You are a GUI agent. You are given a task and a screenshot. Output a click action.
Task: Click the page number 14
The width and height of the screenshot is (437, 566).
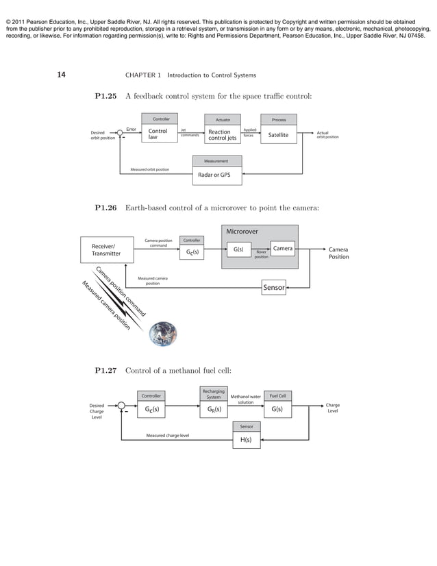pos(60,74)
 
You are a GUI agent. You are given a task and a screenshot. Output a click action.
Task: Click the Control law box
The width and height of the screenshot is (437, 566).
pos(158,134)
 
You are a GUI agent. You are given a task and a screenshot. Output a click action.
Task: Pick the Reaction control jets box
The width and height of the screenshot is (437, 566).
pos(223,134)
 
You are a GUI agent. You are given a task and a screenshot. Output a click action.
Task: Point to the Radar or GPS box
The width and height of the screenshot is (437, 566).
pos(214,175)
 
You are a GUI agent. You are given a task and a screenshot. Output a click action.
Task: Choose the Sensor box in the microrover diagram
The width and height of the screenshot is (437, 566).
pos(274,288)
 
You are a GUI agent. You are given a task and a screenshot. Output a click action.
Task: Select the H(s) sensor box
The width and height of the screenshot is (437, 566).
pos(246,441)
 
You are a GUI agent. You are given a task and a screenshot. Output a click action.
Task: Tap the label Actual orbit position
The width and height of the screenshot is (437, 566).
pos(328,135)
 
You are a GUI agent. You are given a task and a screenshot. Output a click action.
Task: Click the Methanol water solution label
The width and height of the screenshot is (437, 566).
pos(246,399)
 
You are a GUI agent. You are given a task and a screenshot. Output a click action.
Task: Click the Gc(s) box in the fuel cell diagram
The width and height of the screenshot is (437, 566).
pos(151,410)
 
